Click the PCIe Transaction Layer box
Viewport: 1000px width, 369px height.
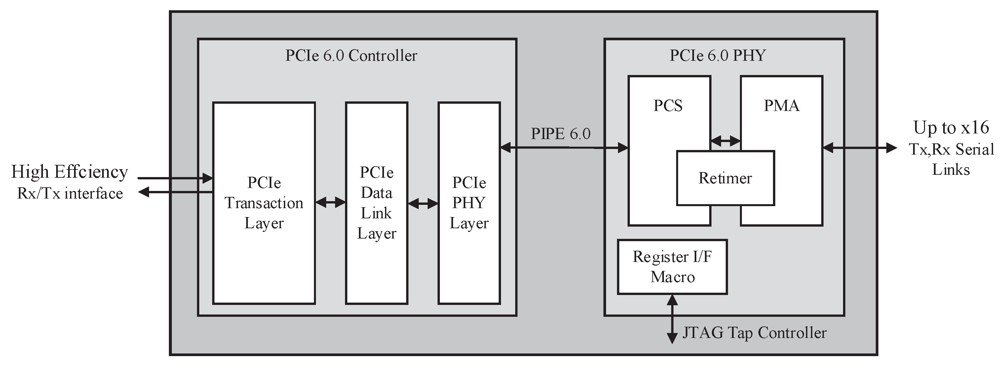(x=264, y=203)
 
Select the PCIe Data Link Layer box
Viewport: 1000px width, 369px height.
(x=376, y=203)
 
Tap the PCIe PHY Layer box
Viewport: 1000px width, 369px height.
(x=469, y=203)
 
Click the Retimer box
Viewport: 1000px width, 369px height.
(x=725, y=178)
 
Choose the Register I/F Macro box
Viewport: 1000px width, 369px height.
(x=672, y=267)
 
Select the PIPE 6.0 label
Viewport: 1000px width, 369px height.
(x=560, y=134)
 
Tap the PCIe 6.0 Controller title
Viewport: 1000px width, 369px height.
(x=351, y=55)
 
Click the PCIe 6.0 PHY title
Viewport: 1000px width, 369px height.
(x=717, y=55)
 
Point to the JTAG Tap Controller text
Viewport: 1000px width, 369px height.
(x=754, y=333)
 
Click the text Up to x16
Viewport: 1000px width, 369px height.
(x=951, y=128)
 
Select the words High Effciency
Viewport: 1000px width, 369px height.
(x=69, y=172)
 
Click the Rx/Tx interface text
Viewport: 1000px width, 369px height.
(x=70, y=194)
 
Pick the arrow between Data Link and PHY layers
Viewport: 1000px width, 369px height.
(x=423, y=203)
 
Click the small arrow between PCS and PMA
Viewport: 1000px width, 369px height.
(x=725, y=141)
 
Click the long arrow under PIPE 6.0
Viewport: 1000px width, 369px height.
(x=564, y=147)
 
